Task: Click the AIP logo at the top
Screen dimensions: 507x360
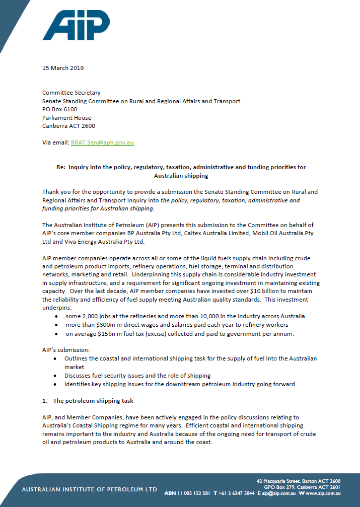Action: tap(76, 25)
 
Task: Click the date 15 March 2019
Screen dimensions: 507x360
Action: tap(63, 68)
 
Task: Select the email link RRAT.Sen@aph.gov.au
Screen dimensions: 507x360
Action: tap(102, 142)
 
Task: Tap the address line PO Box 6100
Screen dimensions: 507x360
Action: tap(59, 109)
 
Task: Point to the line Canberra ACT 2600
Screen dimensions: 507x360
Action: tap(68, 126)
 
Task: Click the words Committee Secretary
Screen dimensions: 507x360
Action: tap(71, 93)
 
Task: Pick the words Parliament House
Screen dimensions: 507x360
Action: tap(66, 118)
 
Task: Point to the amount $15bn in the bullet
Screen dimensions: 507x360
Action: tap(100, 333)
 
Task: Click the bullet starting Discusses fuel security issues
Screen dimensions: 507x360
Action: tap(137, 376)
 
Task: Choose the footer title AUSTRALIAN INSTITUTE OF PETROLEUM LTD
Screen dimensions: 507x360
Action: tap(89, 489)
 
